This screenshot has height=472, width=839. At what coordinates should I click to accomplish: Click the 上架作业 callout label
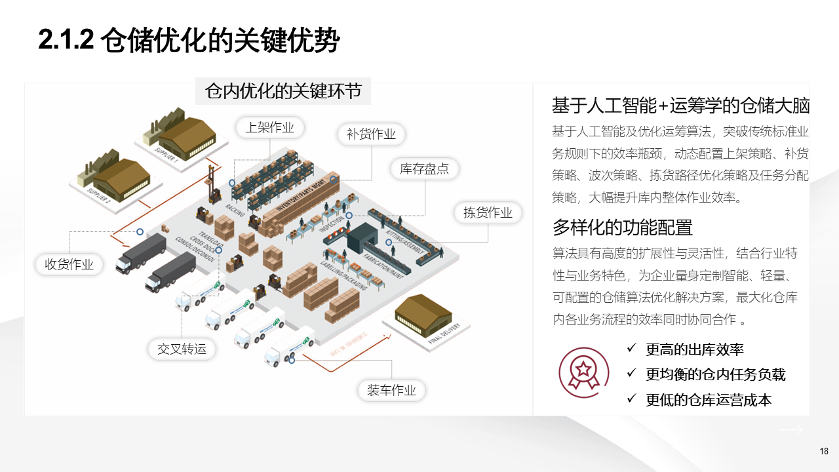269,128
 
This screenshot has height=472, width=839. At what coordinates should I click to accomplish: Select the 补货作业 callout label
371,134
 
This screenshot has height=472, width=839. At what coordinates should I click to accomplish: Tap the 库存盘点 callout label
424,168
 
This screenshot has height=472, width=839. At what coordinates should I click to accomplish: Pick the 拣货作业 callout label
488,212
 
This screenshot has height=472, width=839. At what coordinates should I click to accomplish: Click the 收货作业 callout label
69,264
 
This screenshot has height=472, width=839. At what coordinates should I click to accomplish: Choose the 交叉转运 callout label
182,349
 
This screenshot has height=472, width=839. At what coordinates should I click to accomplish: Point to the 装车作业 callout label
391,391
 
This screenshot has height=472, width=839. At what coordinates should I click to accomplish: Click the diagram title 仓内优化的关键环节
283,91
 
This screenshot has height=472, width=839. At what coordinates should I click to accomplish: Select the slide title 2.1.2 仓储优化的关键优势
189,41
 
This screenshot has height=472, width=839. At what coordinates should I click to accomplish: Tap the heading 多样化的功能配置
622,227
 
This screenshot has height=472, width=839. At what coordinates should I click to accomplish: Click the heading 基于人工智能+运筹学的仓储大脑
681,106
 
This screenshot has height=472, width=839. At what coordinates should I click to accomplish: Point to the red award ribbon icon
579,369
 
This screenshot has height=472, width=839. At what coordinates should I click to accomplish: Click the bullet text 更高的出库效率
694,349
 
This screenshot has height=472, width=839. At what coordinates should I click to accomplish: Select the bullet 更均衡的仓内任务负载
715,374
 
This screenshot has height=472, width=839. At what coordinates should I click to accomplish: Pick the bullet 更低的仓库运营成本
709,399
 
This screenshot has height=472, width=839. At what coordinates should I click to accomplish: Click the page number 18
824,451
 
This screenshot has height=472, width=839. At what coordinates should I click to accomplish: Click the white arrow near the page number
790,429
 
